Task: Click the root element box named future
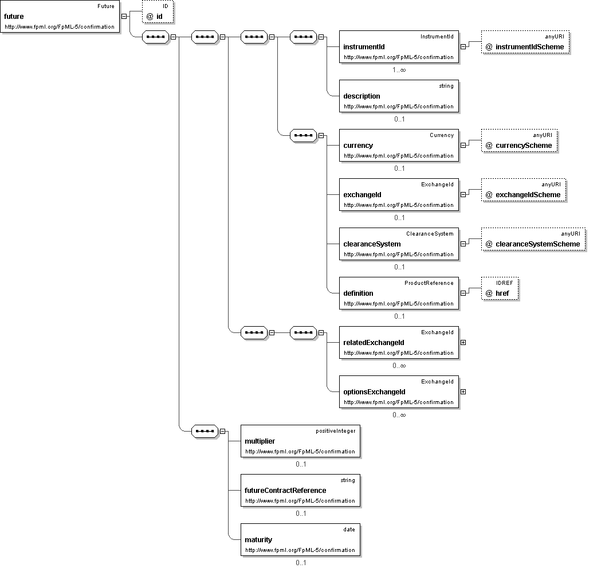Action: (x=60, y=16)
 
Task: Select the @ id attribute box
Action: (x=158, y=11)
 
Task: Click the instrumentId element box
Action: (x=399, y=46)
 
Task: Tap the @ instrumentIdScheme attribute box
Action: (x=525, y=42)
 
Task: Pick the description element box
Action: (x=399, y=96)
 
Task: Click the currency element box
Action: (x=399, y=146)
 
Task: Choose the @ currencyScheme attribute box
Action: (x=519, y=140)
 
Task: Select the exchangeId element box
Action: (x=399, y=195)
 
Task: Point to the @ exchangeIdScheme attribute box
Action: (x=524, y=190)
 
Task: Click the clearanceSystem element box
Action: (x=399, y=244)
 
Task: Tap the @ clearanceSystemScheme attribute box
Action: (x=533, y=240)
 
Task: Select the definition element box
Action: (x=399, y=293)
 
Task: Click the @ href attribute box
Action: (x=500, y=289)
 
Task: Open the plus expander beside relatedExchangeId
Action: (x=463, y=342)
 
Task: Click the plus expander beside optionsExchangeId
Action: (x=463, y=391)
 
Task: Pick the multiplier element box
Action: (x=300, y=441)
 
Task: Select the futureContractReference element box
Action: (x=300, y=490)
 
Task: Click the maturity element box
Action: (x=300, y=540)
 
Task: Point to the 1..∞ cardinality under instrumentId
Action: (x=399, y=70)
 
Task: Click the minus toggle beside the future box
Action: (x=124, y=16)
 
